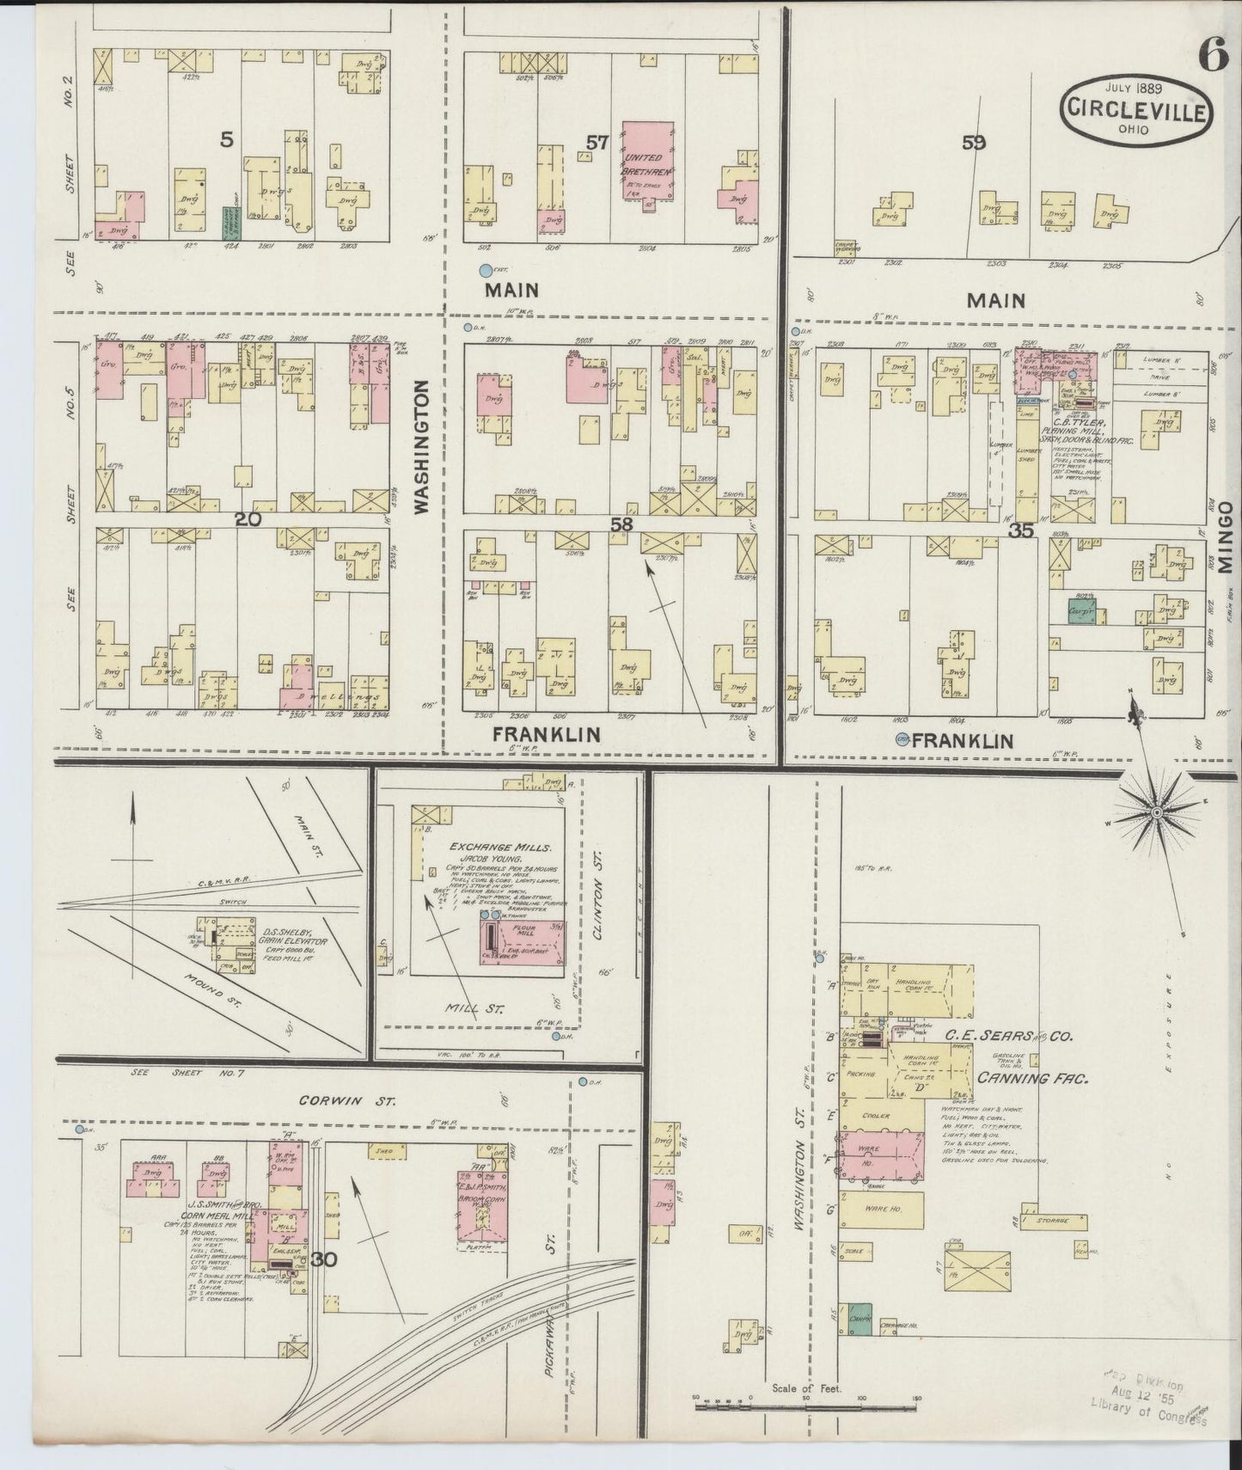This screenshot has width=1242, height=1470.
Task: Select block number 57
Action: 597,142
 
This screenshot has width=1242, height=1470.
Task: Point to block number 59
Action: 974,143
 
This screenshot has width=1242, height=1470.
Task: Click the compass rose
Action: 1157,812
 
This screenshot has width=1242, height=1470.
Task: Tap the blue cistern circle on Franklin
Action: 902,739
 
